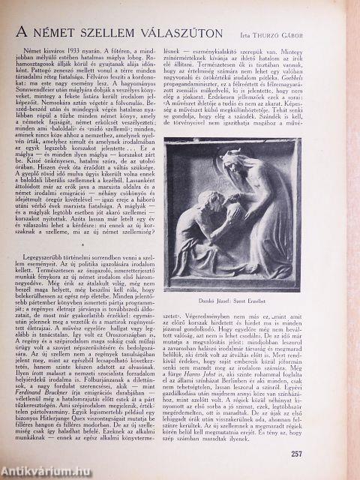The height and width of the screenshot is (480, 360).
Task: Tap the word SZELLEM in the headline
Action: pyautogui.click(x=127, y=34)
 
